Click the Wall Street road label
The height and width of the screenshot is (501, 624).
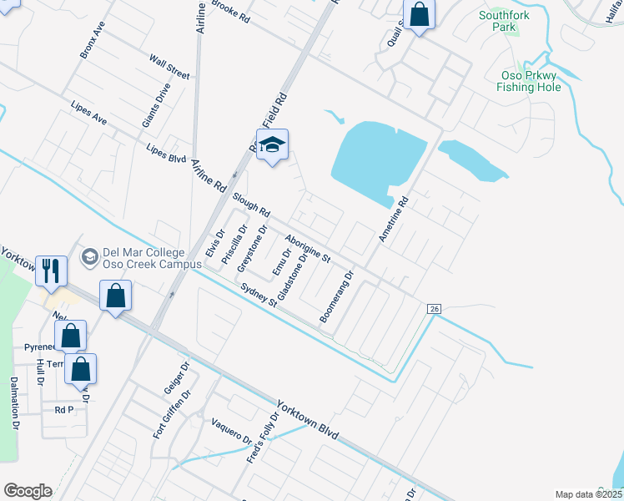(x=169, y=68)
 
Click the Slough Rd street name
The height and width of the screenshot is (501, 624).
(x=251, y=203)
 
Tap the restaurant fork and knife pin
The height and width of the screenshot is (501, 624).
(x=52, y=271)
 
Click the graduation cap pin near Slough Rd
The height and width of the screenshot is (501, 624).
(x=271, y=147)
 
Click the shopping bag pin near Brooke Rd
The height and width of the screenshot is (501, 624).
(x=419, y=15)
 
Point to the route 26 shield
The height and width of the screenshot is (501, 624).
(x=434, y=309)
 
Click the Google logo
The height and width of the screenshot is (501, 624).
(x=28, y=490)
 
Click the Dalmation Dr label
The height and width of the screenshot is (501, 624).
(x=15, y=402)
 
